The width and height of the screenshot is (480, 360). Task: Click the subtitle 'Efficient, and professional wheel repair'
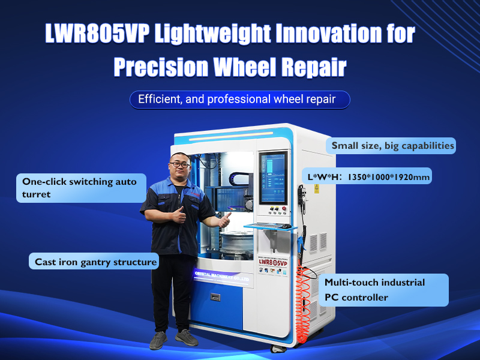click(x=240, y=100)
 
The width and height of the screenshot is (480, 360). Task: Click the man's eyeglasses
click(x=179, y=164)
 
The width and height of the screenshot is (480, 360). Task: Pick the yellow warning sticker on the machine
click(x=317, y=188)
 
